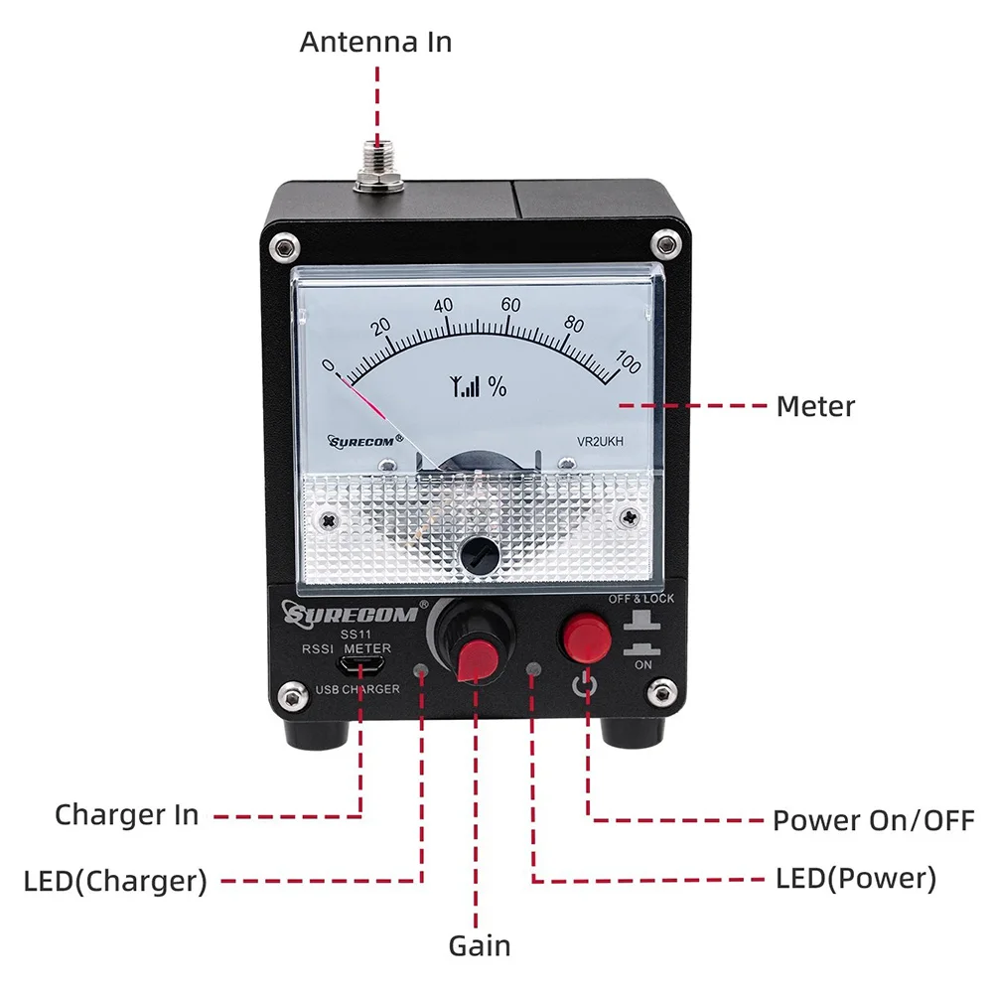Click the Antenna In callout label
pos(375,43)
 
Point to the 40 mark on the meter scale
pos(443,305)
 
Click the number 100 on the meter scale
pos(629,361)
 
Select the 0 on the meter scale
pos(328,365)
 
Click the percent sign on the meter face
pos(497,386)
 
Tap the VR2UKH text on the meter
pos(600,442)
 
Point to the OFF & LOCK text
pos(640,599)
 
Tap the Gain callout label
pos(480,946)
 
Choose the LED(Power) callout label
pos(856,879)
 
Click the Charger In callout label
pos(127,815)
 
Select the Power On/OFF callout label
pos(873,821)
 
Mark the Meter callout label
pos(815,406)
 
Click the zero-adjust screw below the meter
pos(480,555)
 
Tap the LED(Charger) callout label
pos(115,882)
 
